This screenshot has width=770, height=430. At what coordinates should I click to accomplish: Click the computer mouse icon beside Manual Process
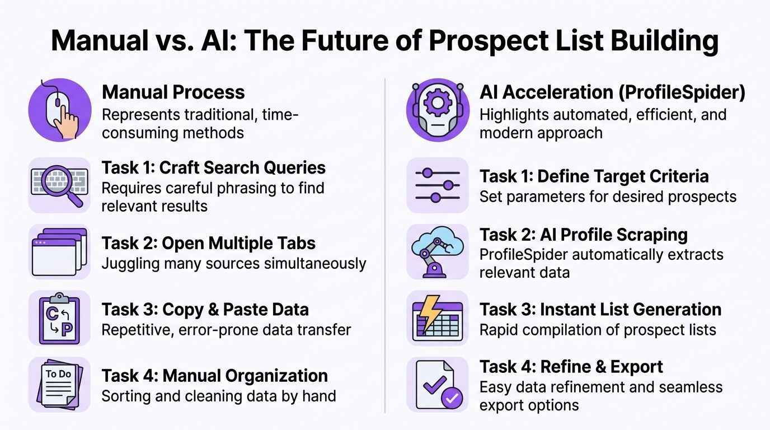point(60,110)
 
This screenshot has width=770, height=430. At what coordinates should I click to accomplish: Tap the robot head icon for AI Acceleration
point(438,110)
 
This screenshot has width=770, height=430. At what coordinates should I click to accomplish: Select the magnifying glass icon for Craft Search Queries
point(60,185)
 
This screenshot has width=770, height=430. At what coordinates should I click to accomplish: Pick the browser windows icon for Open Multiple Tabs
point(60,251)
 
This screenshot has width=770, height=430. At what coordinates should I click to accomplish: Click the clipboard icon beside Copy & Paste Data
point(60,318)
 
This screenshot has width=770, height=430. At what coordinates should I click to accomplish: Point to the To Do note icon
point(60,385)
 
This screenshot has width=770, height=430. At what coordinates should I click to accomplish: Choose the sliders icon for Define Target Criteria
point(438,185)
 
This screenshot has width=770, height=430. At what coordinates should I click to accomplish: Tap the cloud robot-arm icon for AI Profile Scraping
point(438,251)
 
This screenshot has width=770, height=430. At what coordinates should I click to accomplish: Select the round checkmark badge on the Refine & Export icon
point(452,398)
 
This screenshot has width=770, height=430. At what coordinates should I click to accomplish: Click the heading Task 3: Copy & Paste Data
point(205,309)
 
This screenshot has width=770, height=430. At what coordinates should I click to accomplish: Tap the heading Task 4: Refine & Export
point(571,367)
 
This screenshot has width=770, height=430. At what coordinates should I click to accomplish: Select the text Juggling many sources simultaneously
point(233,263)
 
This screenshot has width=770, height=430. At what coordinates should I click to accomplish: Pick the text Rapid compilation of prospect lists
point(598,330)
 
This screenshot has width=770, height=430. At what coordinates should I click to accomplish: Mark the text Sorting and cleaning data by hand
point(218,396)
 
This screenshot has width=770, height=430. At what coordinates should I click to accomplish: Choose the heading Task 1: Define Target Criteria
point(594,176)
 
